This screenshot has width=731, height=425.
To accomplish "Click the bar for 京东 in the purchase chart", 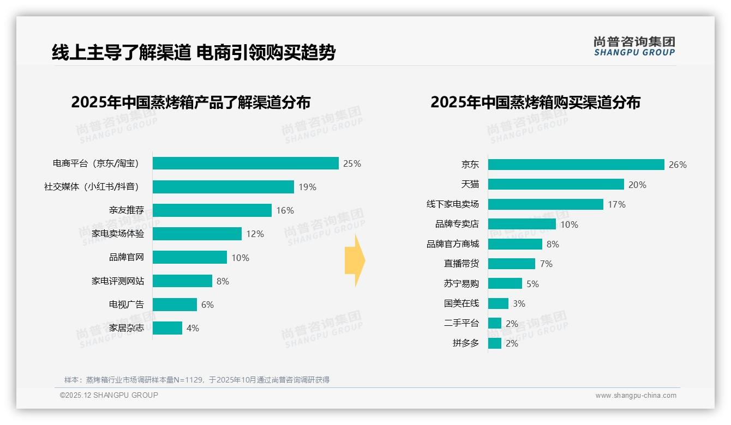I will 576,165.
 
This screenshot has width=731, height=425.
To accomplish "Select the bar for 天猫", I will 556,185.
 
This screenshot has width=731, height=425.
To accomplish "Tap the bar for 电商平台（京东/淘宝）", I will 245,163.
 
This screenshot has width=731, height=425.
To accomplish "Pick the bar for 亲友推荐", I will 212,210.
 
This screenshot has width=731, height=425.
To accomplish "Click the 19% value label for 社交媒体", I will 307,187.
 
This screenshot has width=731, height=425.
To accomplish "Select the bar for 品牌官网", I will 189,257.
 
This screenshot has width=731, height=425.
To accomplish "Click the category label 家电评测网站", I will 118,281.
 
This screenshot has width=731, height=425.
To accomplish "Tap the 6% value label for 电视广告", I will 207,305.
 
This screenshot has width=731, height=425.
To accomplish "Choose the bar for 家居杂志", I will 167,328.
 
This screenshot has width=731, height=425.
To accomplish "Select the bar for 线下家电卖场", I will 546,204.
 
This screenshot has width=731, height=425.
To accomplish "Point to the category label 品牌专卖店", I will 457,224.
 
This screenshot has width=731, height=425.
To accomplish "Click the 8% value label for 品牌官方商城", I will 553,244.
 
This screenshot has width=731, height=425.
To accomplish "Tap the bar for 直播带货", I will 511,264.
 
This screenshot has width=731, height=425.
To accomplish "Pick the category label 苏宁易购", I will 461,283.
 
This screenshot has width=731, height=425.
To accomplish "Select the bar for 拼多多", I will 494,343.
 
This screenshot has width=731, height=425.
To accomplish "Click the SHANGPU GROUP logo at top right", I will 634,46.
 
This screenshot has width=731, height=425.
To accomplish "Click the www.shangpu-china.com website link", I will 636,396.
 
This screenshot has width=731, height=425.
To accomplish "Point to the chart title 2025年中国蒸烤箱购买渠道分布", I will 535,102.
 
